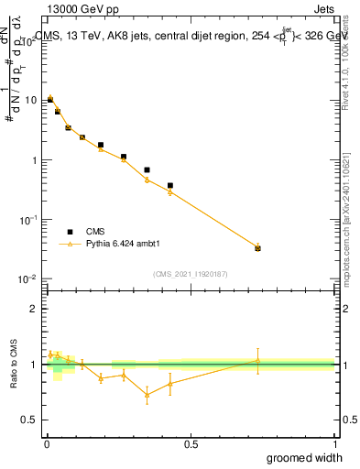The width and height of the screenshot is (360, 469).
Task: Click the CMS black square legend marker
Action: pyautogui.click(x=70, y=232)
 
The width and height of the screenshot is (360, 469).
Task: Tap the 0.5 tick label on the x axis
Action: pyautogui.click(x=191, y=444)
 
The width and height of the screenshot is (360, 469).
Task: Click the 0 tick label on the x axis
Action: pyautogui.click(x=47, y=444)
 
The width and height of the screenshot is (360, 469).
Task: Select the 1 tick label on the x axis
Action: pyautogui.click(x=334, y=444)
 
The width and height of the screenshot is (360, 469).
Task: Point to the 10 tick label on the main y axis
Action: pyautogui.click(x=30, y=100)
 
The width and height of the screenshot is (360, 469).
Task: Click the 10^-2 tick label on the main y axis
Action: pyautogui.click(x=28, y=279)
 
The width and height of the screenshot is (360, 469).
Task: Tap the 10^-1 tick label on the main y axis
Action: pyautogui.click(x=28, y=220)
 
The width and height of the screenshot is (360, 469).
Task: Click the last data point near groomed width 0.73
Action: pyautogui.click(x=257, y=248)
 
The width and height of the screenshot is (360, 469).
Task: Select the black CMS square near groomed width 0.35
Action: pyautogui.click(x=147, y=169)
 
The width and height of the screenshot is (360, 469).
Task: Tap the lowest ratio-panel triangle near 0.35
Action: pyautogui.click(x=147, y=396)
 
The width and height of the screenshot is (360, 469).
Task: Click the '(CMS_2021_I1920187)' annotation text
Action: pyautogui.click(x=191, y=273)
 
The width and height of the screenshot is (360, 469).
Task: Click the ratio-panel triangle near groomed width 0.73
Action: pyautogui.click(x=257, y=360)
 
